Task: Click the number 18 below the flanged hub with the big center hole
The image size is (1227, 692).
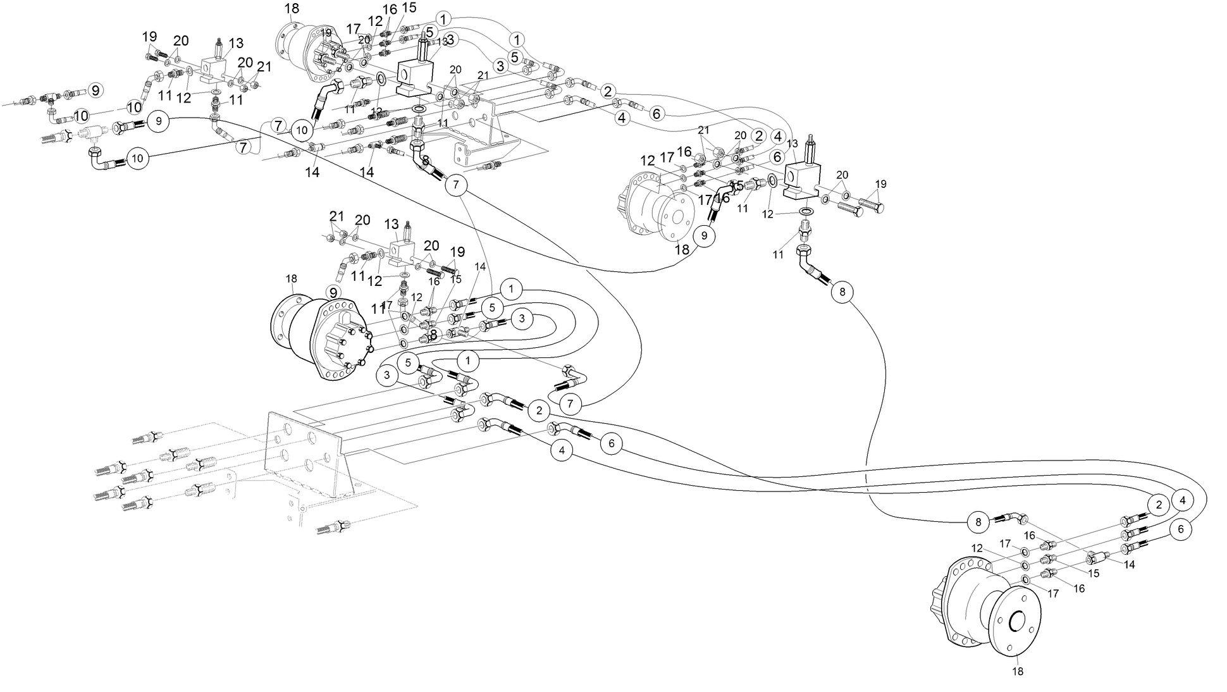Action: point(1018,671)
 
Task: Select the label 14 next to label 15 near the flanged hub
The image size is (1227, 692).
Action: point(1129,565)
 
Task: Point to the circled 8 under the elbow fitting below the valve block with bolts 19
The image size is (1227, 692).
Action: point(842,292)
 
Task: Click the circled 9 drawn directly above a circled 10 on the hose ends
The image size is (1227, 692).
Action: point(159,120)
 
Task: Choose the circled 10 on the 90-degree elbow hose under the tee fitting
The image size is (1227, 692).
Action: point(138,158)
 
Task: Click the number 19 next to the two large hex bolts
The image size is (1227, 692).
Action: point(880,184)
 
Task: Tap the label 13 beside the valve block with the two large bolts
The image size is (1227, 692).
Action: point(792,144)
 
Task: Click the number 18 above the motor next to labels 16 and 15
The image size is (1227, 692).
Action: point(292,8)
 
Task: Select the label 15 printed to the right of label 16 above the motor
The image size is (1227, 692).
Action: point(409,8)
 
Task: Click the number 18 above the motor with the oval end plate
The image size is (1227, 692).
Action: point(291,278)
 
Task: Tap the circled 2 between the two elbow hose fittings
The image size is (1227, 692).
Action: point(539,410)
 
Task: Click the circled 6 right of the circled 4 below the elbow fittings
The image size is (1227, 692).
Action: point(611,443)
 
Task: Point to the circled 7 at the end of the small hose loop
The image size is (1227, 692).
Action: point(570,403)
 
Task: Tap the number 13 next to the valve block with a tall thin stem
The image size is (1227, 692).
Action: point(235,44)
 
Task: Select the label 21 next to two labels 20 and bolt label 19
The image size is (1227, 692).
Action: point(264,66)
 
